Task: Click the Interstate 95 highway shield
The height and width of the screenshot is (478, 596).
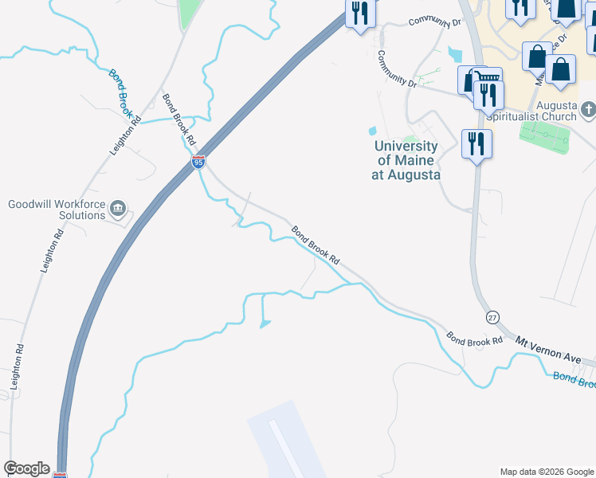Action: (198, 163)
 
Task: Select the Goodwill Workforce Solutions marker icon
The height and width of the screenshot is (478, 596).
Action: (118, 209)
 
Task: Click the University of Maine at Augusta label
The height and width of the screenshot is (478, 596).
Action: (406, 160)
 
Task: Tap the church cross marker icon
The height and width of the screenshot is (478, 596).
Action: (587, 108)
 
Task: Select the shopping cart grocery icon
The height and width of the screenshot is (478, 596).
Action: (487, 78)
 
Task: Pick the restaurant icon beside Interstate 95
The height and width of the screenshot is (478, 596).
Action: (359, 14)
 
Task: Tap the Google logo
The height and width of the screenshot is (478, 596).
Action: (26, 468)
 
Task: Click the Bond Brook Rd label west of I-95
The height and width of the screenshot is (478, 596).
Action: (179, 119)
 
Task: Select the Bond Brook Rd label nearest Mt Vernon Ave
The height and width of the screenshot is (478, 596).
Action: (474, 339)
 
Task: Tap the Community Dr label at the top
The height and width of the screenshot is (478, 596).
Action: (435, 22)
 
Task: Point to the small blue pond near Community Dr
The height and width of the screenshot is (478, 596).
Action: (372, 131)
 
